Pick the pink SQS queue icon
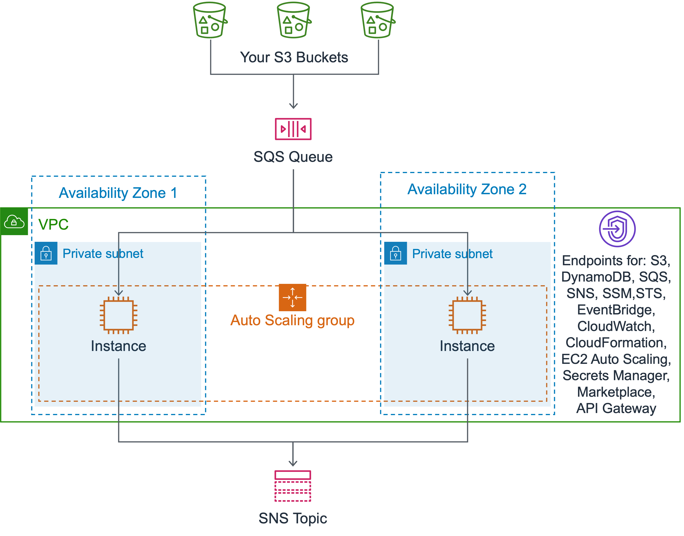click(293, 129)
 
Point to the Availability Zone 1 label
click(118, 193)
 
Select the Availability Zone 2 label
click(467, 189)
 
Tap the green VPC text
click(53, 224)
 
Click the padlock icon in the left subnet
click(46, 253)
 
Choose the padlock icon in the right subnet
click(395, 253)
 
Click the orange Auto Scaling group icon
click(292, 297)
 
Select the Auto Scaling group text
click(292, 320)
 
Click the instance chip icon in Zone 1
click(118, 315)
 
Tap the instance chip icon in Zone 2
click(467, 315)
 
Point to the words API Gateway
click(616, 408)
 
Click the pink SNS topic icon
click(293, 486)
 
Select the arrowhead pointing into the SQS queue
click(293, 106)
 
